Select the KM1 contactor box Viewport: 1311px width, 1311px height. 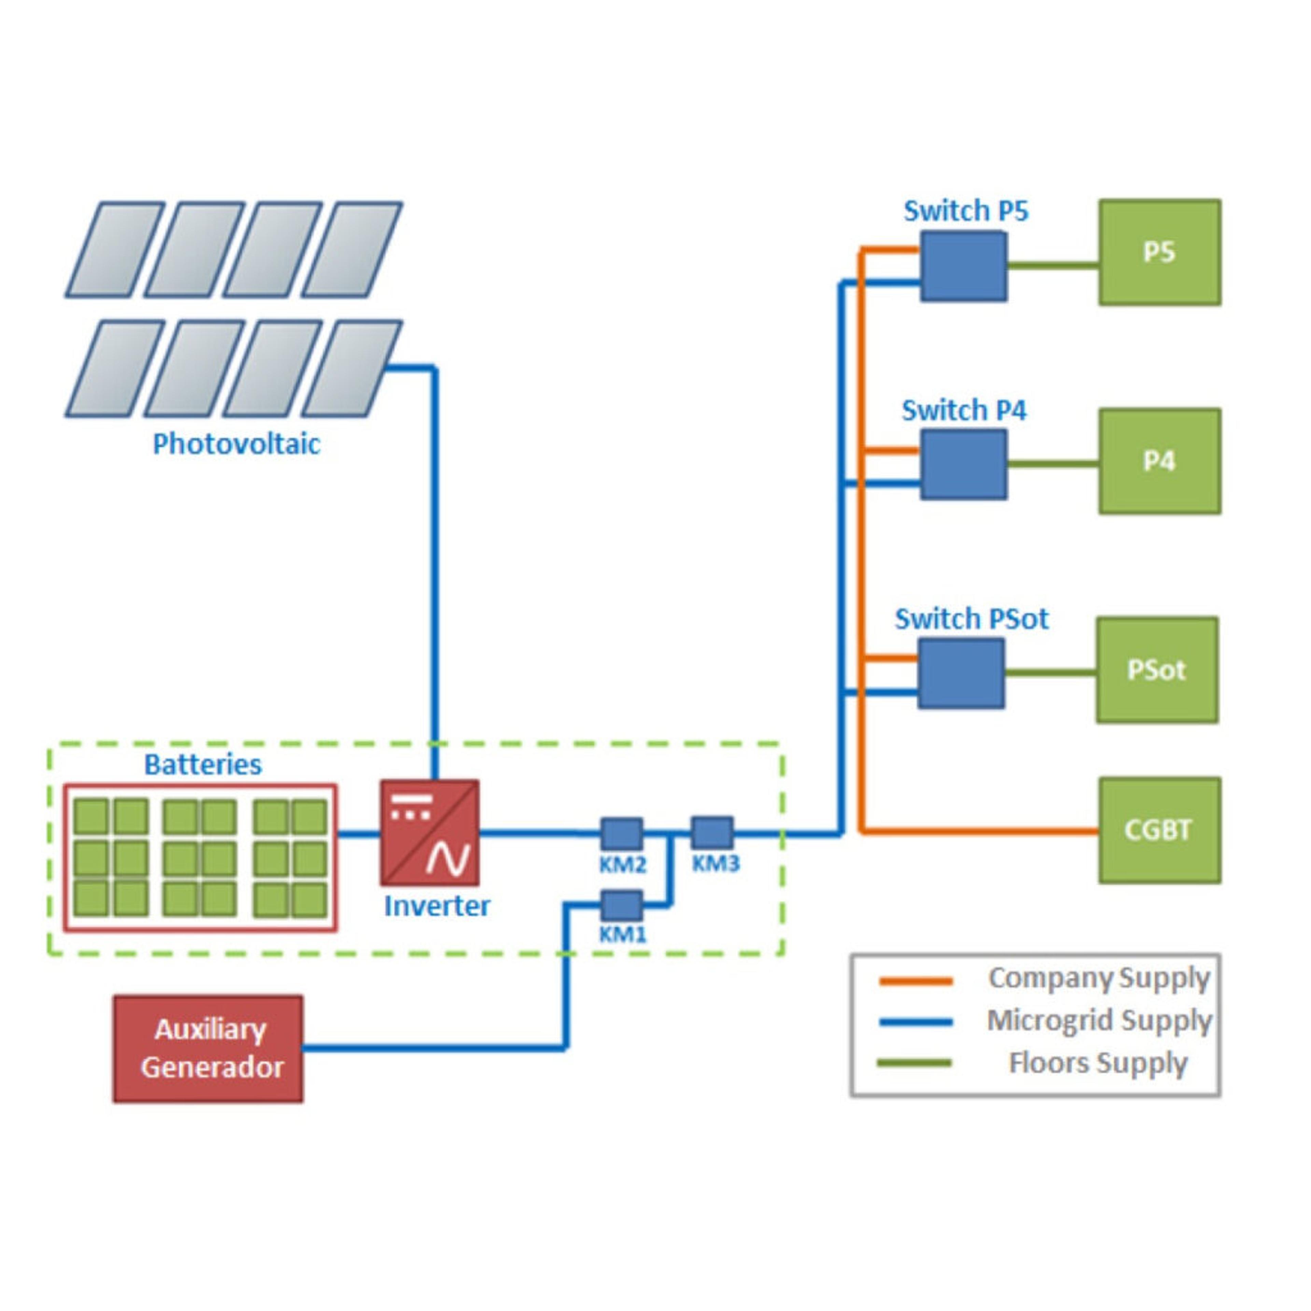click(622, 905)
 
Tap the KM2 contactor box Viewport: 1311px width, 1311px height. click(622, 833)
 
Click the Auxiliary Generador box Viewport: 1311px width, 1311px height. click(208, 1048)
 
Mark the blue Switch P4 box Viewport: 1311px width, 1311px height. click(963, 465)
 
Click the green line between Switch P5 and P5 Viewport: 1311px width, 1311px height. click(1053, 265)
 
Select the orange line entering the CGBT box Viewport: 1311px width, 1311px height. click(984, 830)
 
